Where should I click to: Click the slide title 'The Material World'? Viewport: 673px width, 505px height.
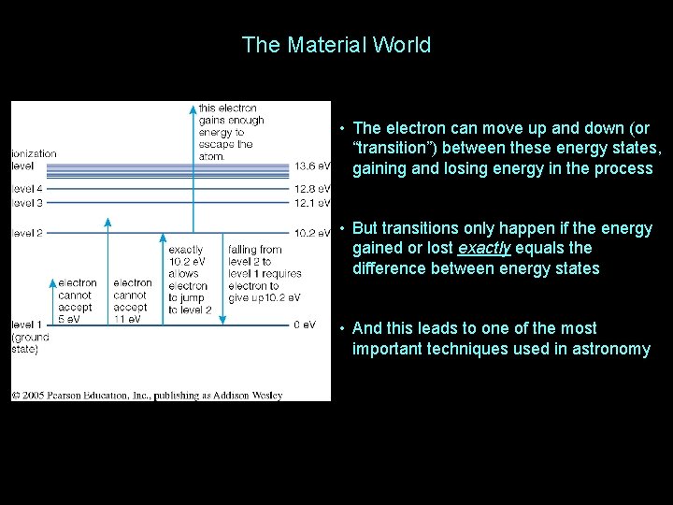pos(336,45)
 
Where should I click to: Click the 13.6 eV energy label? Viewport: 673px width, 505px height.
pos(312,166)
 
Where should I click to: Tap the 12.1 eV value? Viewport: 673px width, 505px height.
pos(312,203)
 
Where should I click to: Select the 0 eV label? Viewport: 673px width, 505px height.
pos(305,325)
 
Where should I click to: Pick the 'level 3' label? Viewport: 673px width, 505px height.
pos(27,203)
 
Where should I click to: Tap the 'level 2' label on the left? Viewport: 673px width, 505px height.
pos(27,233)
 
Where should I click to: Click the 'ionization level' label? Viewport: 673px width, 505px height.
pos(34,159)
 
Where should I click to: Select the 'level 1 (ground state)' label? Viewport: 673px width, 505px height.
pos(30,337)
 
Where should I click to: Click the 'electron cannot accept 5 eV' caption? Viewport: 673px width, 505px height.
pos(78,300)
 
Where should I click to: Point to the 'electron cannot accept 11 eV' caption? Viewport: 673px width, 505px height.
pos(133,300)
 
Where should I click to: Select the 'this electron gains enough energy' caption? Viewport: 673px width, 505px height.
pos(230,132)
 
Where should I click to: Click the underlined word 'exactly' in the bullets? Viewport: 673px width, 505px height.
pos(483,249)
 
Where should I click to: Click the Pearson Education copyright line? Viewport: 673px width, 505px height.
pos(147,396)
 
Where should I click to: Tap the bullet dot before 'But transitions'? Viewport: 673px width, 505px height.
pos(344,228)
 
